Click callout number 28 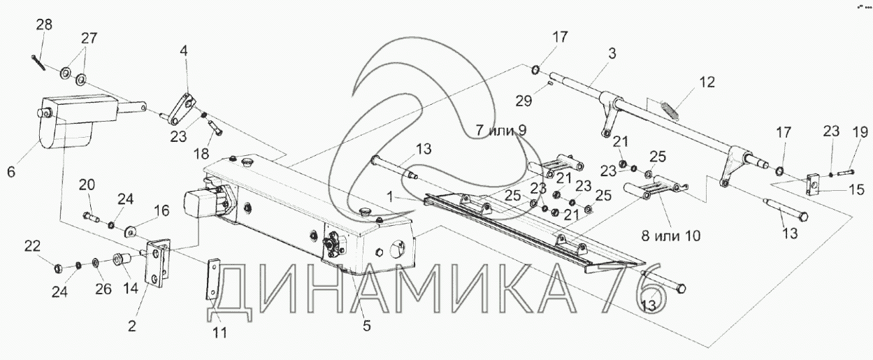point(44,25)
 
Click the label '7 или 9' point(501,131)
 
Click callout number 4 point(183,52)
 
